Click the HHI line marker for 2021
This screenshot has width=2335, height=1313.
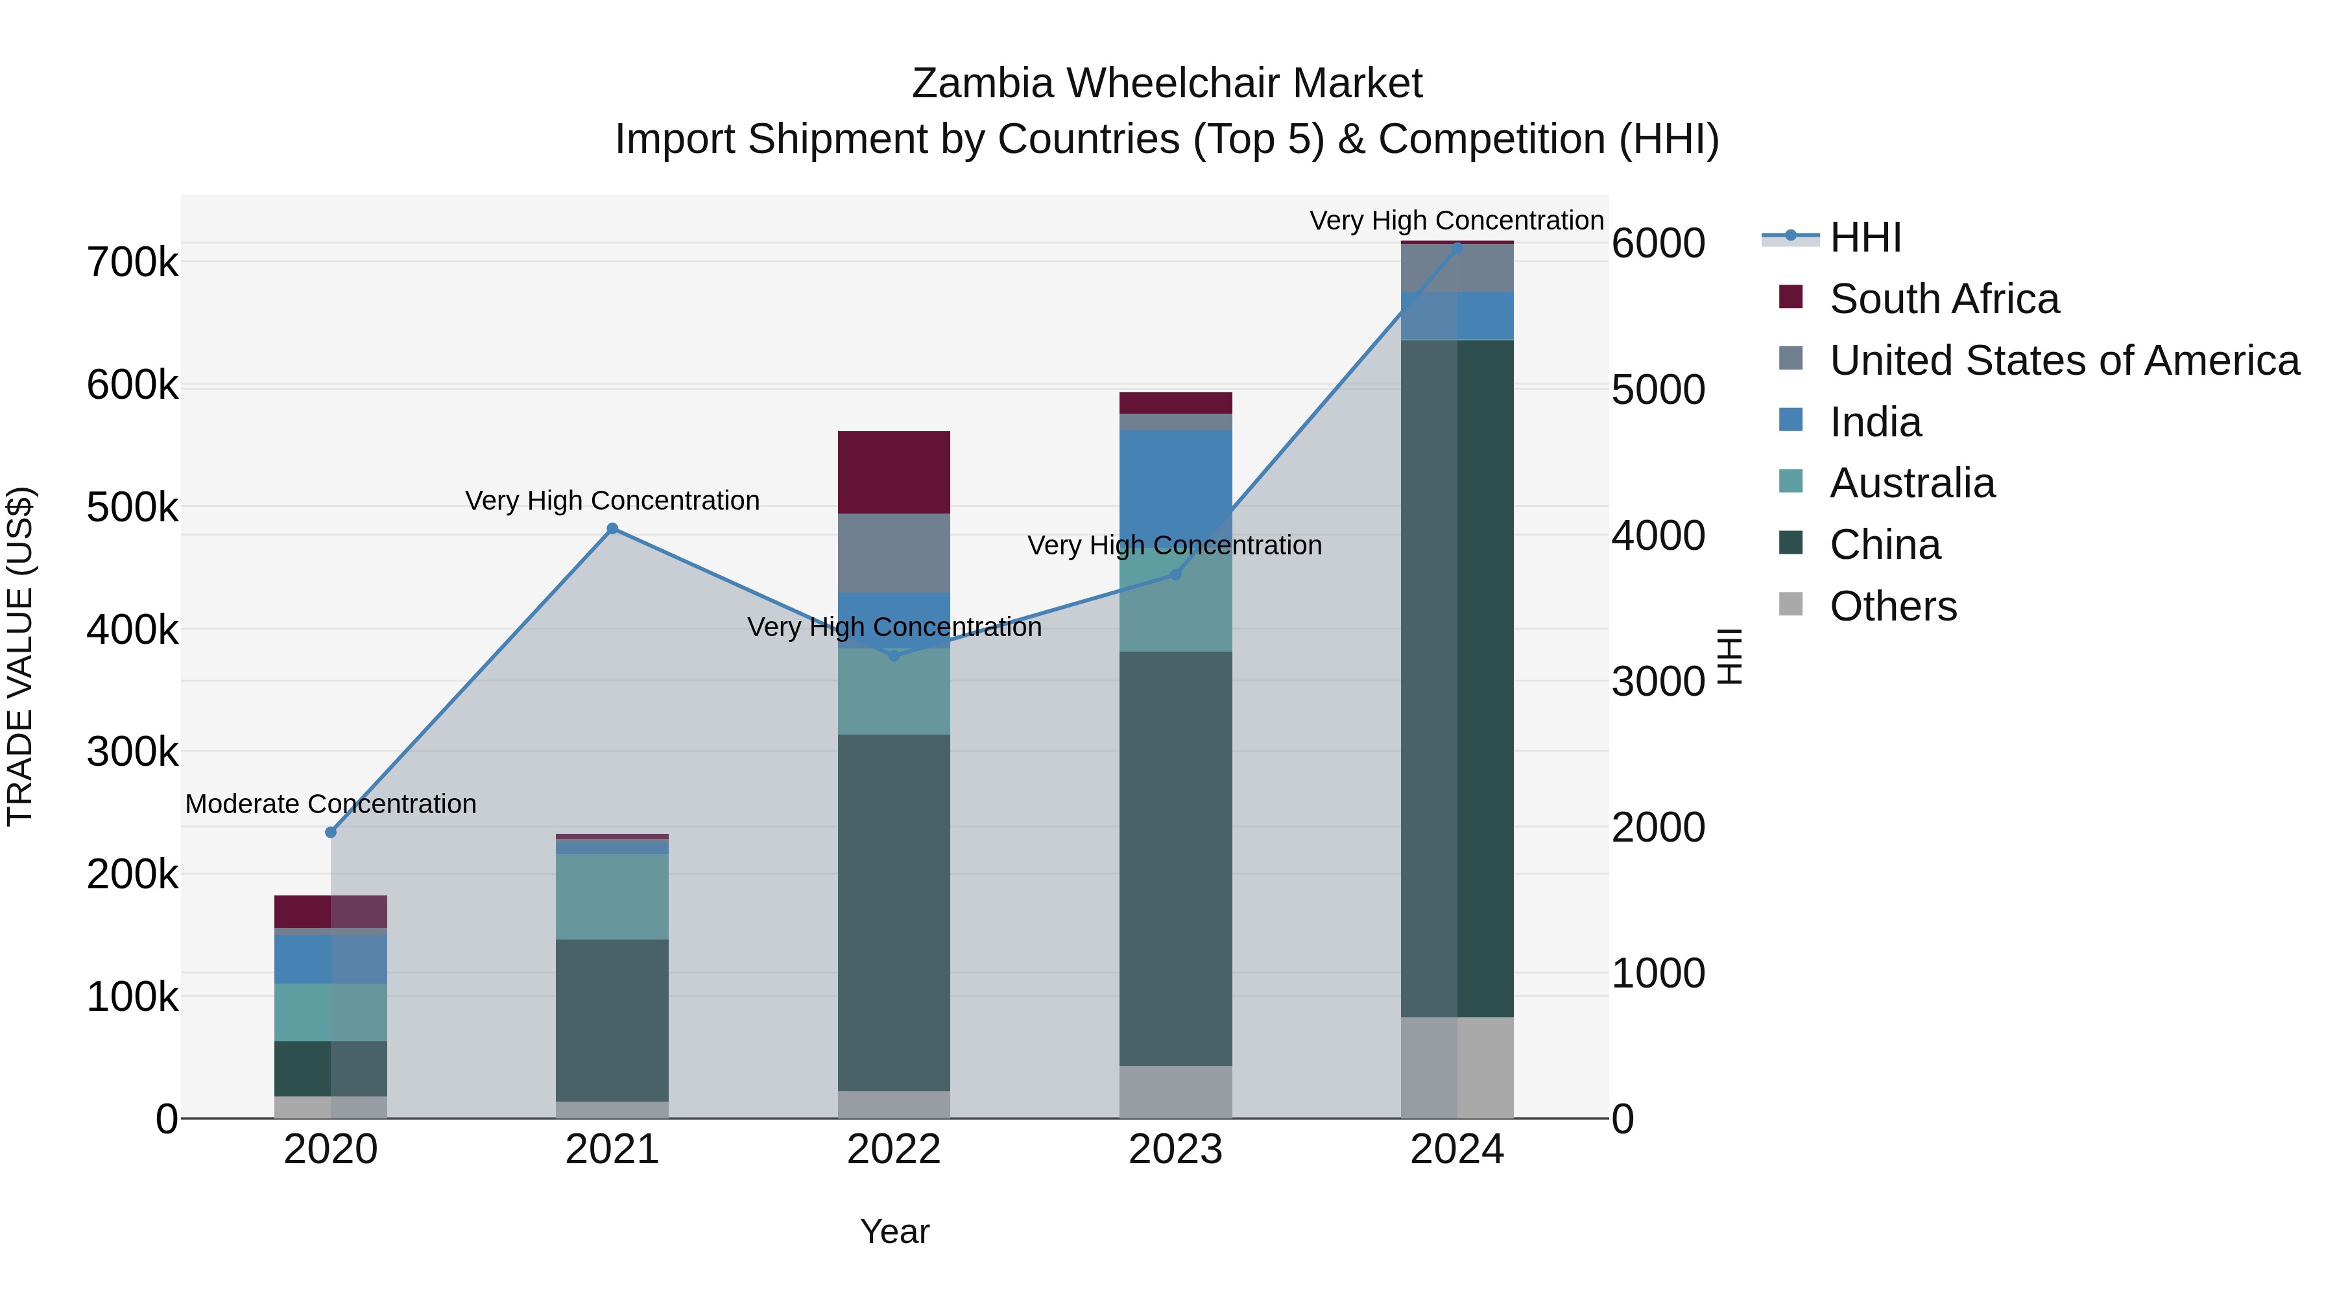pos(612,528)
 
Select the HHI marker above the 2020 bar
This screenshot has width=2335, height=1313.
pos(331,832)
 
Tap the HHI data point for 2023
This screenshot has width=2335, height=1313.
pos(1176,574)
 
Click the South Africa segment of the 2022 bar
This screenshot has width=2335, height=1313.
pos(894,472)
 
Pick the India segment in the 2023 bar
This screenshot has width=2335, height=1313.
pos(1176,480)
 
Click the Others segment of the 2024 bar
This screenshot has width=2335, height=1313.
pos(1457,1067)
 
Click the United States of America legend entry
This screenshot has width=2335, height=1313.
pos(2064,361)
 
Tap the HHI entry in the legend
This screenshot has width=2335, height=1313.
pos(1865,237)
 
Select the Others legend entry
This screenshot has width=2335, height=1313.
pos(1893,606)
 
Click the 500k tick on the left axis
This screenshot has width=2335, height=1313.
pos(132,508)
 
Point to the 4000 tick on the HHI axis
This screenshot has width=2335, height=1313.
pos(1658,536)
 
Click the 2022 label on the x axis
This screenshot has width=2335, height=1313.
pos(894,1150)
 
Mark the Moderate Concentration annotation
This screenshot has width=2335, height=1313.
pos(331,804)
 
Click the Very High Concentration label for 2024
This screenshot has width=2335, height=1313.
pos(1457,220)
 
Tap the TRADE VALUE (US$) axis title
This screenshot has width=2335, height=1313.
pos(20,656)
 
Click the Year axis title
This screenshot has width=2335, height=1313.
pos(894,1231)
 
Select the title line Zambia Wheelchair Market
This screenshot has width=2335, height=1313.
pos(1167,84)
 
